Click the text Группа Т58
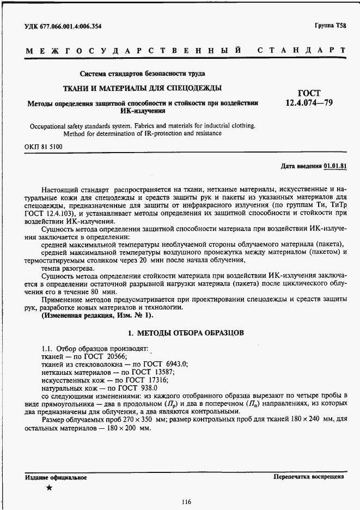[329, 26]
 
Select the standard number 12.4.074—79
[309, 102]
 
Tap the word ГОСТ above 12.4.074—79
[309, 93]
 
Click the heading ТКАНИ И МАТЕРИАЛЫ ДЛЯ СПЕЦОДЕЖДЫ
[142, 88]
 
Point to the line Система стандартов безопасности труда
[142, 74]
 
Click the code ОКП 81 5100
[44, 147]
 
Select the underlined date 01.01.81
[335, 166]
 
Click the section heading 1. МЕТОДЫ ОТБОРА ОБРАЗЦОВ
[186, 332]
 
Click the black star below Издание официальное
[50, 488]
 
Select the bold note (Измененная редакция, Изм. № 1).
[97, 315]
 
